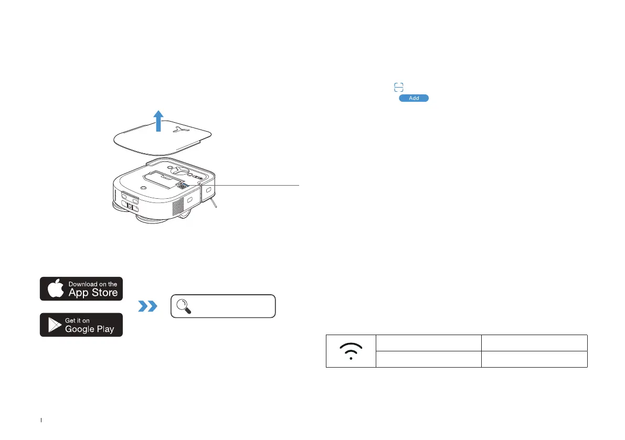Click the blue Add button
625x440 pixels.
click(414, 98)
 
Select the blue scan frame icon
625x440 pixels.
click(399, 87)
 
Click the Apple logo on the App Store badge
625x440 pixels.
click(55, 289)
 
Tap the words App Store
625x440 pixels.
click(93, 293)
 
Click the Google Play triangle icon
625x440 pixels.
click(54, 325)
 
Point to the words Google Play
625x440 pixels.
click(89, 329)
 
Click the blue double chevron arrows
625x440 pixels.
click(147, 306)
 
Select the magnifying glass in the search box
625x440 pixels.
click(183, 306)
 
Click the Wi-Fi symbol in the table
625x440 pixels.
click(351, 351)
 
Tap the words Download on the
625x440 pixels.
click(93, 284)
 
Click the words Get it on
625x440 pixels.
click(78, 320)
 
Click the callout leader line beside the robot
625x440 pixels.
click(257, 185)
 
